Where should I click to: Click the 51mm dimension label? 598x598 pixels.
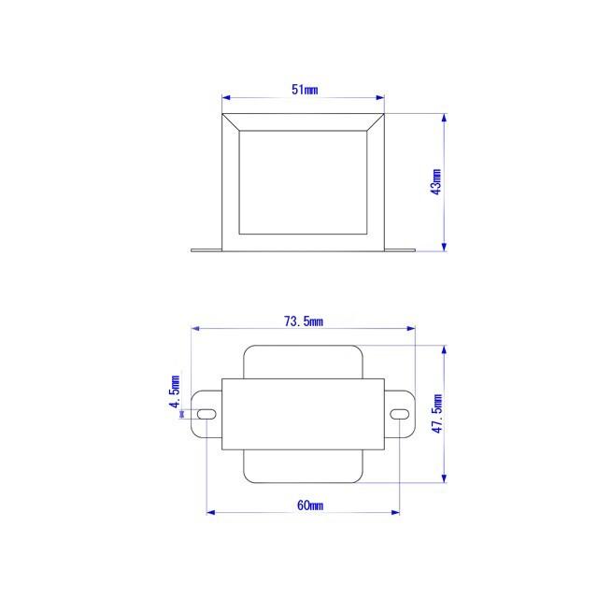pos(305,90)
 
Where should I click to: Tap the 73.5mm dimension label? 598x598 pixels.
pos(304,321)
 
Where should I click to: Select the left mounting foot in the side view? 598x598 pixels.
pos(206,249)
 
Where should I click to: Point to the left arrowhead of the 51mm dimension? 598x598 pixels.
pos(226,96)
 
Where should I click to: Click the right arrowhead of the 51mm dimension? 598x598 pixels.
pos(380,96)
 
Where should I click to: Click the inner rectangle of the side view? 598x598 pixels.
pos(304,182)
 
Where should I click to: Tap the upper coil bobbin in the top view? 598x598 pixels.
pos(304,363)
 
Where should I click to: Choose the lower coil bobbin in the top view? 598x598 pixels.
pos(304,467)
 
